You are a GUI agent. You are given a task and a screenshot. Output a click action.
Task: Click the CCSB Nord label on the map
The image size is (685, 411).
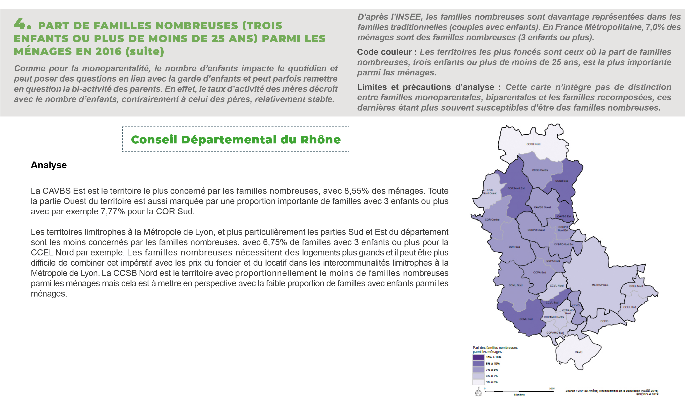coord(533,144)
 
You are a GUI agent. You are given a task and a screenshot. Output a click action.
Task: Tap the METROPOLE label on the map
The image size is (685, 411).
coord(600,285)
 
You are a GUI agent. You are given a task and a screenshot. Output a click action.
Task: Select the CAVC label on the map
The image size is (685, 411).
coord(578,352)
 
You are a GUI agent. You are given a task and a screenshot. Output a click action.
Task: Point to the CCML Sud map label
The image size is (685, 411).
coord(526,319)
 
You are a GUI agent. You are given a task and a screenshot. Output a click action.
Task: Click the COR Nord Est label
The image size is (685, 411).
coord(516,188)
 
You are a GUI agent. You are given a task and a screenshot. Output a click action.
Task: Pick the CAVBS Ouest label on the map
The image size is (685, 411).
coord(542,207)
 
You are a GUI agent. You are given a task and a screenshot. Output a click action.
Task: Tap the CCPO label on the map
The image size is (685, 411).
coord(604,321)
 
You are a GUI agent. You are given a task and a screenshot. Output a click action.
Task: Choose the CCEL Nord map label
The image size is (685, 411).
coord(636,286)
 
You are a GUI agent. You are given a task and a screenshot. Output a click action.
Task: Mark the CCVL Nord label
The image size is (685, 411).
coord(557,285)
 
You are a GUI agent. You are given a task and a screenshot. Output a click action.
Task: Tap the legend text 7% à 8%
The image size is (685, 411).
coord(492,370)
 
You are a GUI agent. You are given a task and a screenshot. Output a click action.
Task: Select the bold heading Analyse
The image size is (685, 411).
coord(49,165)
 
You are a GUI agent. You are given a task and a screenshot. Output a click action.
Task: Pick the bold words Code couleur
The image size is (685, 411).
coord(384,52)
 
